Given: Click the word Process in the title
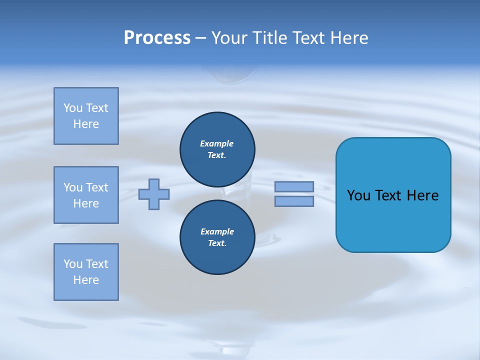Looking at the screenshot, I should click(157, 38).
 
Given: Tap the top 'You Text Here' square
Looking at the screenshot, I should click(86, 116).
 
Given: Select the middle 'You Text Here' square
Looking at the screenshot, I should click(86, 195).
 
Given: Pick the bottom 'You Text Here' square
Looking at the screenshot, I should click(86, 272).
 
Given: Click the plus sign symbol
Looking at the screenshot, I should click(154, 194).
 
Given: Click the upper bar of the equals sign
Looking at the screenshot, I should click(294, 186).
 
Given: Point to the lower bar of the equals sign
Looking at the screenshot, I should click(294, 201).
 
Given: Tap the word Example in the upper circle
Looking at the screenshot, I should click(217, 143).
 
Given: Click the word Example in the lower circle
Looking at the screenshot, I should click(217, 231).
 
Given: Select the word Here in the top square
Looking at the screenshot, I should click(86, 124).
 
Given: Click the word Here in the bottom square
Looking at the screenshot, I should click(86, 280).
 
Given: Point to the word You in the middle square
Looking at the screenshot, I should click(72, 187).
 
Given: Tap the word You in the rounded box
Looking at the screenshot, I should click(358, 195).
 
